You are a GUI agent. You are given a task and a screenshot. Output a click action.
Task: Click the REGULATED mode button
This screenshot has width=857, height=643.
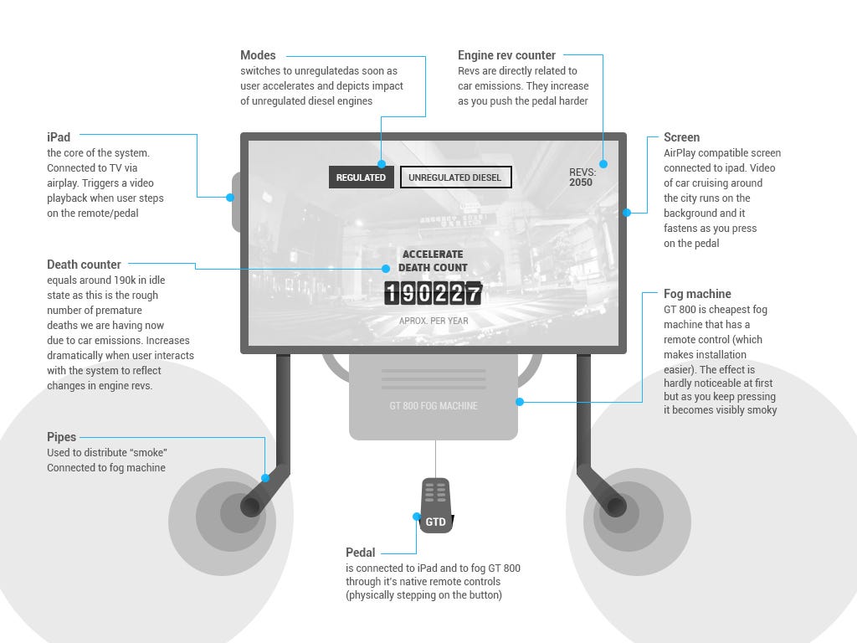(362, 177)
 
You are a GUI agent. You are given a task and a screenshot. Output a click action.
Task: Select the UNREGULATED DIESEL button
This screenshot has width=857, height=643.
(456, 177)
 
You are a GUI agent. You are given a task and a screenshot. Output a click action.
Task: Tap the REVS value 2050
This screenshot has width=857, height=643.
(581, 183)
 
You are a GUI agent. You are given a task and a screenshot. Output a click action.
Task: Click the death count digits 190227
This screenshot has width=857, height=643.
(433, 294)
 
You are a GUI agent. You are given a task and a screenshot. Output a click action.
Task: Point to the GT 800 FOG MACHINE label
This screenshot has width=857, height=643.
(434, 406)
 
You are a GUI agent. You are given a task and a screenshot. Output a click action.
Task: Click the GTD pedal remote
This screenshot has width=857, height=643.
(435, 506)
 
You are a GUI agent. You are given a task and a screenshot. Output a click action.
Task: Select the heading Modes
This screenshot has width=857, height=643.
(258, 55)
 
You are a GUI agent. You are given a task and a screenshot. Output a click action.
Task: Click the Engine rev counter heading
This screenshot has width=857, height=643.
(506, 55)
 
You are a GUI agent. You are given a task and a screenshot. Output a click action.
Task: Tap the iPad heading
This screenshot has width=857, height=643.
(59, 136)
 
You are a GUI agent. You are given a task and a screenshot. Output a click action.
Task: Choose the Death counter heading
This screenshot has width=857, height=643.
(84, 265)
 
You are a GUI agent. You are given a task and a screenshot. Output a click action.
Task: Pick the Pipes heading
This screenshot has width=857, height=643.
(61, 437)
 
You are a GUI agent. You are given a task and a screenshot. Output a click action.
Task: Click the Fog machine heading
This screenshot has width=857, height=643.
(697, 294)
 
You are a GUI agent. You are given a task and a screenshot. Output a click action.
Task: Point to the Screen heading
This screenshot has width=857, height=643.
(681, 137)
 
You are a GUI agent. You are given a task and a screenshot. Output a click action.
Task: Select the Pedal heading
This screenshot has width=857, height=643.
(360, 553)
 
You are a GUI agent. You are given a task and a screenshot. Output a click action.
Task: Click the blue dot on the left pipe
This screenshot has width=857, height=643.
(265, 478)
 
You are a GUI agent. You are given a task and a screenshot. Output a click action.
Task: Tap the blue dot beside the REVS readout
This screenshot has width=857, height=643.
(603, 164)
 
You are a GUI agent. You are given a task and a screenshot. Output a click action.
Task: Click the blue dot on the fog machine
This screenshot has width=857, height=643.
(520, 402)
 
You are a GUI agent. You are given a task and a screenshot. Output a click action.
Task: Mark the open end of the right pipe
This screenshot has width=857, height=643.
(616, 507)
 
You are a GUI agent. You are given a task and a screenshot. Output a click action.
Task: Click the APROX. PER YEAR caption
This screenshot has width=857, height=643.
(434, 321)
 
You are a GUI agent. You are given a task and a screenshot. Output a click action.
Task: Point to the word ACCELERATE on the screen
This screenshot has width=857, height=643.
(433, 255)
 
